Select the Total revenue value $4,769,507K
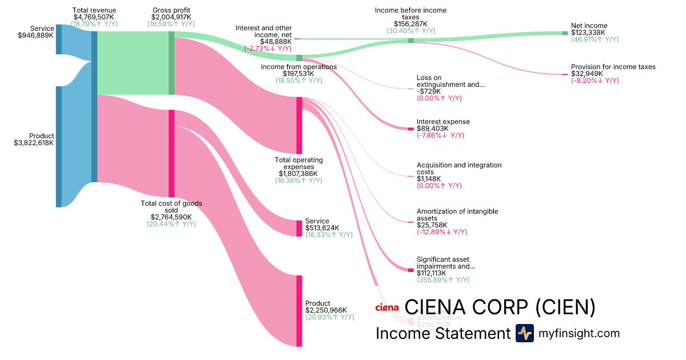coord(94,17)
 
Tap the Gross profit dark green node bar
coord(171,63)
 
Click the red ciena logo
coord(386,307)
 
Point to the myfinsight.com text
coord(579,333)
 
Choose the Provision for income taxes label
coord(613,67)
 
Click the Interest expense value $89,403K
coord(433,129)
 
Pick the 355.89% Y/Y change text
coord(443,280)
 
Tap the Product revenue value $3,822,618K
coord(34,143)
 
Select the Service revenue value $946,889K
coord(36,35)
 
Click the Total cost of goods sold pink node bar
coord(171,154)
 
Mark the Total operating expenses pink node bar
coord(299,125)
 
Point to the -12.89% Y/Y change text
coord(442,232)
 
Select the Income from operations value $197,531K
coord(298,74)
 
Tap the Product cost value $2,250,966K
coord(326,310)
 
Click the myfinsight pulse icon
coord(524,333)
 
